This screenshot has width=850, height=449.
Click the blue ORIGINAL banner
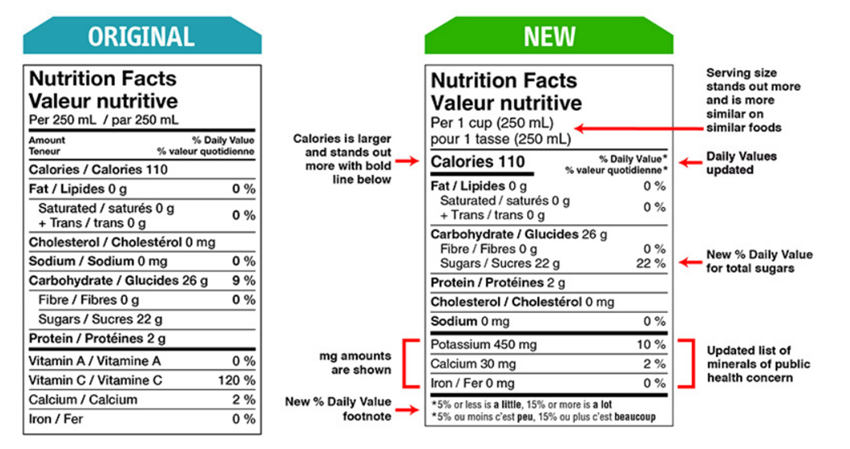point(142,36)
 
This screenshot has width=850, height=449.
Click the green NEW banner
point(549,36)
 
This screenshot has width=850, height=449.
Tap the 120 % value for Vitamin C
point(236,380)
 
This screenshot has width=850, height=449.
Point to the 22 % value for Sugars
point(649,264)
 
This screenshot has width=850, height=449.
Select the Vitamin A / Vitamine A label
point(95,361)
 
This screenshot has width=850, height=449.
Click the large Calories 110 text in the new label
point(478,162)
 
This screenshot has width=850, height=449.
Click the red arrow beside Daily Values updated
point(689,163)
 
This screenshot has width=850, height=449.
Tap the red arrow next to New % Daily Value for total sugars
point(691,262)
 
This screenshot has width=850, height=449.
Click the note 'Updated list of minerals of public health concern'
point(758,363)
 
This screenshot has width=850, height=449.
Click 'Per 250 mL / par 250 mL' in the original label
point(104,120)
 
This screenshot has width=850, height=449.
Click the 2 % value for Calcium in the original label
point(244,400)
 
